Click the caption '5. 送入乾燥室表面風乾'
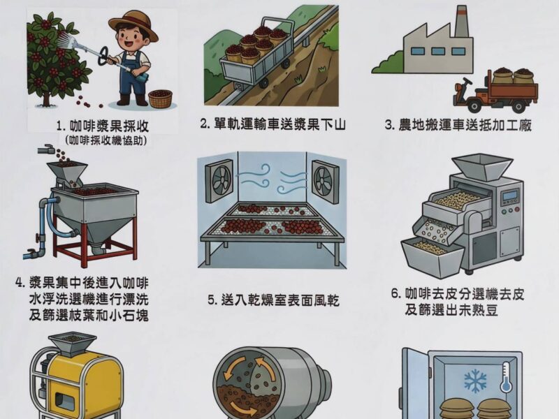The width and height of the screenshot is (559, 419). pyautogui.click(x=273, y=300)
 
